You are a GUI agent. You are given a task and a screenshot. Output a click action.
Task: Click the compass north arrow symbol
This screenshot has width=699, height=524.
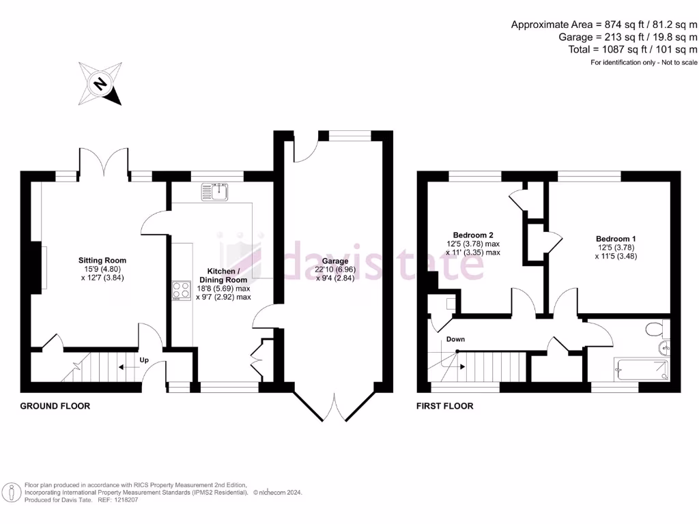click(x=100, y=84)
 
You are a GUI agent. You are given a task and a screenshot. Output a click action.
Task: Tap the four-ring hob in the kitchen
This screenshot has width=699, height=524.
click(x=182, y=291)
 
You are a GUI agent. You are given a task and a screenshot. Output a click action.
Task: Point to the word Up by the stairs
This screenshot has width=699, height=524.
click(x=145, y=360)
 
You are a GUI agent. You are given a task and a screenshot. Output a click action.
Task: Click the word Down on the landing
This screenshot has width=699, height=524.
click(x=456, y=339)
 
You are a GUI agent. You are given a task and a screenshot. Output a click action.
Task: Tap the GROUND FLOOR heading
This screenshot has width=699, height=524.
click(x=55, y=406)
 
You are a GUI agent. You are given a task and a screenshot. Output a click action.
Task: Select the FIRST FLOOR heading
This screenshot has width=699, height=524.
click(x=445, y=406)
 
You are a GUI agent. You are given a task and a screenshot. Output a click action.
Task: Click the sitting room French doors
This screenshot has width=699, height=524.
click(x=104, y=164)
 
